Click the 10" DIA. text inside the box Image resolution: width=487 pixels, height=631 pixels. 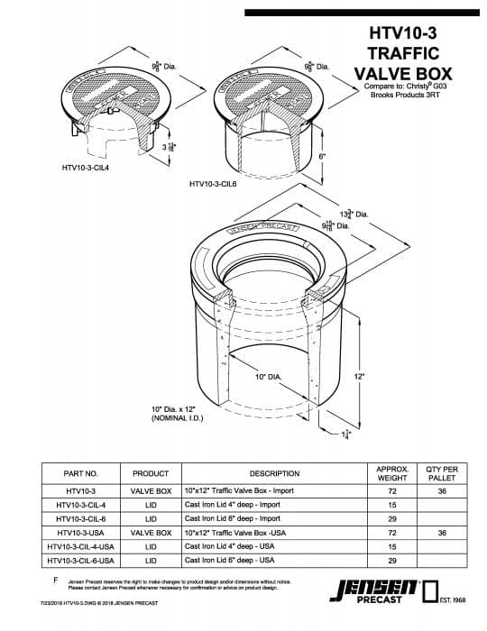click(x=269, y=375)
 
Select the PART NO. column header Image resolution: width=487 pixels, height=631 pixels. click(x=80, y=473)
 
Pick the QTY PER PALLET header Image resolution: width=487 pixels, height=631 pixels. click(x=442, y=473)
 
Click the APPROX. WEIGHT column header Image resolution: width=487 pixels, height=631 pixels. click(x=391, y=473)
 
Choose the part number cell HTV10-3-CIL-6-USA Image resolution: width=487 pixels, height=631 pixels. click(x=80, y=560)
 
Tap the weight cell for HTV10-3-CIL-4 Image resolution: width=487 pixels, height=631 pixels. click(x=391, y=506)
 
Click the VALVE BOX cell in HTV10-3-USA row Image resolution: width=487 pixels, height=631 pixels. click(x=151, y=533)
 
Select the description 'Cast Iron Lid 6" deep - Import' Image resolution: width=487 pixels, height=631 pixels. click(x=233, y=519)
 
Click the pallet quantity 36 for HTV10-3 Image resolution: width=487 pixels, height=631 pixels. click(x=442, y=492)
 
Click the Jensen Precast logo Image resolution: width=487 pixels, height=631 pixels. click(x=375, y=591)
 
